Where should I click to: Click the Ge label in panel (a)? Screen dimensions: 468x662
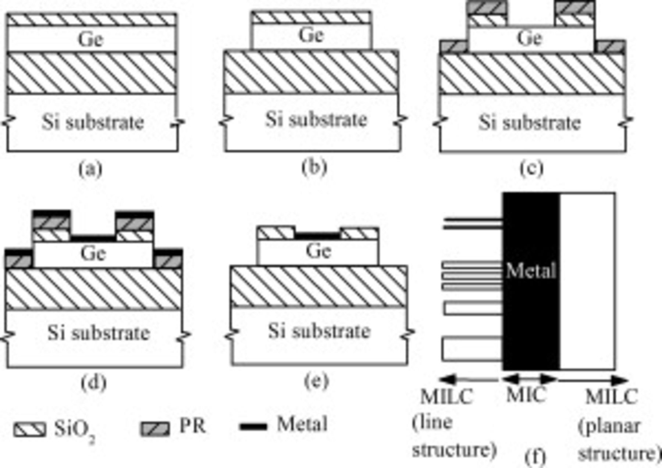coord(90,39)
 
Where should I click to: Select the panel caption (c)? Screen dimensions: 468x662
coord(531,168)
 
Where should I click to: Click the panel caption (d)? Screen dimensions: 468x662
coord(93,383)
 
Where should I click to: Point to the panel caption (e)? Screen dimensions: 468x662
coord(316,381)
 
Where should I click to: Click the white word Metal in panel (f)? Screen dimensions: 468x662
coord(531,271)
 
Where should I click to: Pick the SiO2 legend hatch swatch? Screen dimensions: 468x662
coord(30,429)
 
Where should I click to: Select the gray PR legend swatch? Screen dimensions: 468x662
coord(155,429)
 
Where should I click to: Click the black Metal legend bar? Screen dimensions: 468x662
coord(253,427)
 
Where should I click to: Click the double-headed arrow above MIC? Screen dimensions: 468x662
coord(530,379)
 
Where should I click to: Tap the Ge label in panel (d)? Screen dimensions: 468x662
coord(93,253)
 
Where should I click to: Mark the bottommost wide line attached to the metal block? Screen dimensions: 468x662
coord(472,349)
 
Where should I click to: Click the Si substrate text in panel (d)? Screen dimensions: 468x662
coord(99,333)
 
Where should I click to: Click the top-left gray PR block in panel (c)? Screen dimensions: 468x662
coord(486,7)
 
